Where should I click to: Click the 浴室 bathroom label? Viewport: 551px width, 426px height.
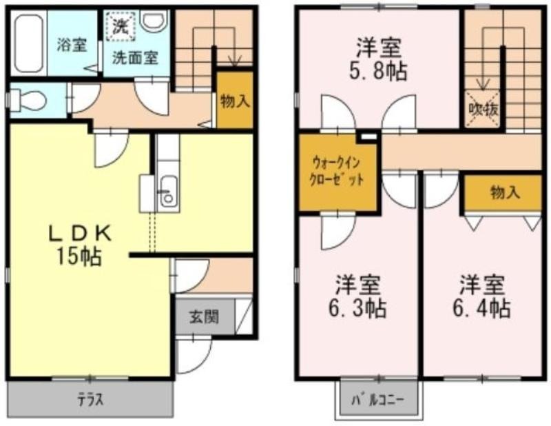point(72,45)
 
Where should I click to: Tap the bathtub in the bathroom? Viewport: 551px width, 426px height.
point(28,43)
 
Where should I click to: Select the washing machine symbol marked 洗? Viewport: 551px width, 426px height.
point(121,26)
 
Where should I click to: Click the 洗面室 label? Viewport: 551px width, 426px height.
point(135,57)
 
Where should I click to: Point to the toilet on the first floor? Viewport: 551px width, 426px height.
point(28,99)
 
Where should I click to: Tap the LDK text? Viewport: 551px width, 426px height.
point(80,233)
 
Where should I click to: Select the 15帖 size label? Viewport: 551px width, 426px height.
point(79,256)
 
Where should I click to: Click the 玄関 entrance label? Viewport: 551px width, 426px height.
point(204,316)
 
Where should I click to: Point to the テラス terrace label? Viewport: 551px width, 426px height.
point(91,400)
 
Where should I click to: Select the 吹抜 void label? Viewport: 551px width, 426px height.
point(484,110)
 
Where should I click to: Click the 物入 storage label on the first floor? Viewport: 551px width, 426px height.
point(235,101)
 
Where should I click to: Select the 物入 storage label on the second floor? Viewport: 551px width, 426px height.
point(505,193)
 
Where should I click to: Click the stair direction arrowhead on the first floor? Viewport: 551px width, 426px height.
point(234,61)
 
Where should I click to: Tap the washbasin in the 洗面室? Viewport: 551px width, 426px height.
point(154,19)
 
